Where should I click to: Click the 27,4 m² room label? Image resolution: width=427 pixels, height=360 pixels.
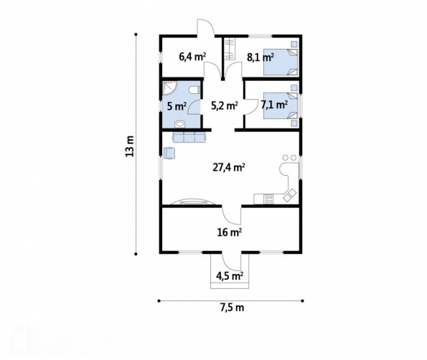228,167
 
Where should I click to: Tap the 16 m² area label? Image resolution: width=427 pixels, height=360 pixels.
230,232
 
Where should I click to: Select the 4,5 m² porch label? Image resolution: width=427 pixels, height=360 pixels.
230,276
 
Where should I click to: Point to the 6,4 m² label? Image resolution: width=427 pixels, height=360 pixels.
192,57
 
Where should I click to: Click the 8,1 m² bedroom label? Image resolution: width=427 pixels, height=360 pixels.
260,57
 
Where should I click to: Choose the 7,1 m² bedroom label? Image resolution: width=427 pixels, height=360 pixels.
274,105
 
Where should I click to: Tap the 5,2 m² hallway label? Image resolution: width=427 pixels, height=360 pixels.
225,105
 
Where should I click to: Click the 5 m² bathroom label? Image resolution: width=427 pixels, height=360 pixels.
177,106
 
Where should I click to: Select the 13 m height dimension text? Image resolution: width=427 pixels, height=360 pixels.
130,146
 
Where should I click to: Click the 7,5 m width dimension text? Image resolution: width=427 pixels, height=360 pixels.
232,308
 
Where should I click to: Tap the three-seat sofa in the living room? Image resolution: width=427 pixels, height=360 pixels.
189,137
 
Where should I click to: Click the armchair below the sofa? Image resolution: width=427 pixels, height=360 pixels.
169,153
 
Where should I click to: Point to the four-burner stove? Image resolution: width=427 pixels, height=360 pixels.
268,199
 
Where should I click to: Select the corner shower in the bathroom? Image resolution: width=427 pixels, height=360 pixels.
169,88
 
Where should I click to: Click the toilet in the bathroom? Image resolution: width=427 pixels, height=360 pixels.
195,90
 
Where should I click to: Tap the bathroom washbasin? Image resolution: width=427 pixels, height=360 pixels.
180,124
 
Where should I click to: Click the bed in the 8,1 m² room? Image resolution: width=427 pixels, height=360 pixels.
281,62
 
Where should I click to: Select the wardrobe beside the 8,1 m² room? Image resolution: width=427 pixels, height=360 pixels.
230,49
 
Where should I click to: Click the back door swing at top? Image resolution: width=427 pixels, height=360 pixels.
205,27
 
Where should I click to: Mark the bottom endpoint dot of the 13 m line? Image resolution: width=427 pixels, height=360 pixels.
136,254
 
